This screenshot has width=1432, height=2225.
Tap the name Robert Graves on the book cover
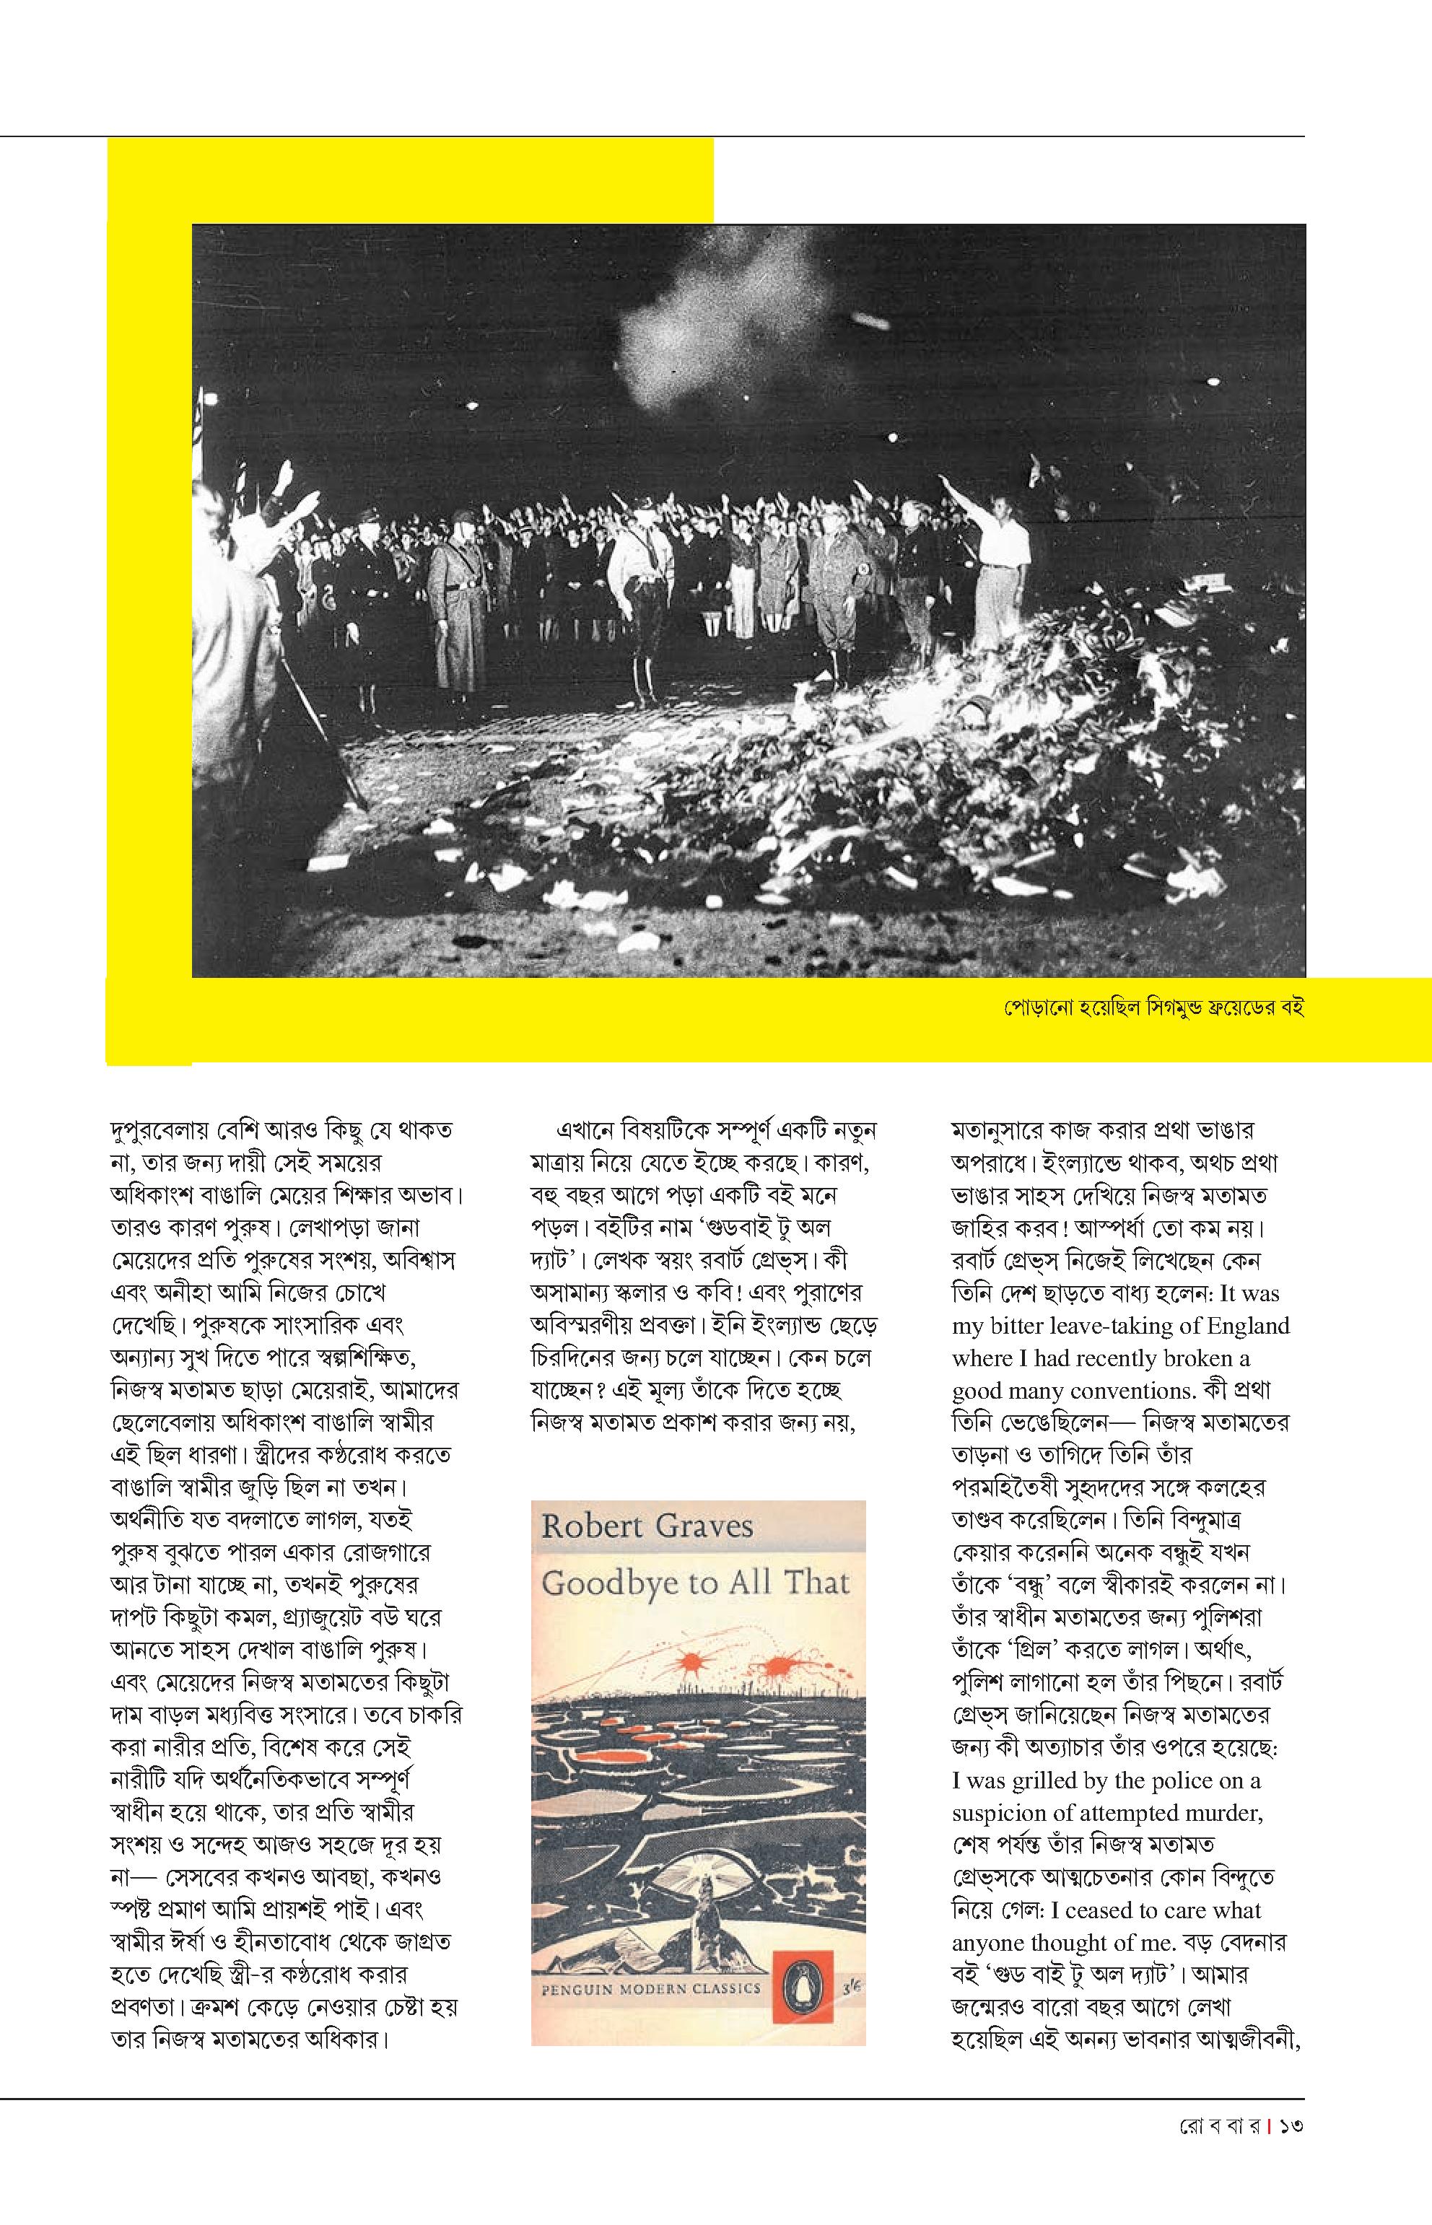(647, 1526)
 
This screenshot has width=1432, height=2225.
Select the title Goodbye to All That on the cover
(696, 1583)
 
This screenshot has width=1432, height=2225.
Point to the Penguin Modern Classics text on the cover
(652, 1989)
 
